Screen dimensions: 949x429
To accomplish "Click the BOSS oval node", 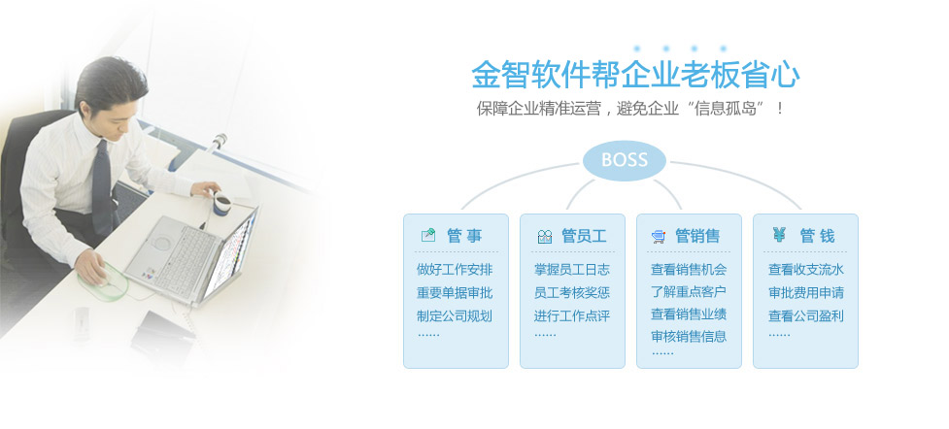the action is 624,160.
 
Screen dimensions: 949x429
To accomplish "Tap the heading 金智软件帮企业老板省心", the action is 635,75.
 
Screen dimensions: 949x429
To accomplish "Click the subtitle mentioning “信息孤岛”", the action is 630,109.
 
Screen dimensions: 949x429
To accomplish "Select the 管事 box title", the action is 464,236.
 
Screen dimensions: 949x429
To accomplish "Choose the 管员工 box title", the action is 584,236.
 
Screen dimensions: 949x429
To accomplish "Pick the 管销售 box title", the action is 697,236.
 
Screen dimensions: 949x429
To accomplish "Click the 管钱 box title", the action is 817,236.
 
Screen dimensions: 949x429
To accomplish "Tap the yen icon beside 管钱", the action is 779,234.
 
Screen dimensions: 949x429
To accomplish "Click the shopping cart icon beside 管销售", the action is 659,237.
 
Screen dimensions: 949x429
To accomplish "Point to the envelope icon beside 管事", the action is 428,236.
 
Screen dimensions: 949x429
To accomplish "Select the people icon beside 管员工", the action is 545,237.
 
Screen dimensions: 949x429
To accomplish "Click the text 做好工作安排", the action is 455,270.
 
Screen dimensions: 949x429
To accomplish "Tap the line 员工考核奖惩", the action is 571,293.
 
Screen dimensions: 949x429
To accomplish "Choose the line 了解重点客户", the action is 688,291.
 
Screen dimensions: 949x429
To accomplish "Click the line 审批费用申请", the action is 806,293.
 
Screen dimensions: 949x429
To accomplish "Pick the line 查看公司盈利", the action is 806,315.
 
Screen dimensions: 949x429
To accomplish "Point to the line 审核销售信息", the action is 688,337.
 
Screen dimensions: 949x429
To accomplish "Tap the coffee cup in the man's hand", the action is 222,202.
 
